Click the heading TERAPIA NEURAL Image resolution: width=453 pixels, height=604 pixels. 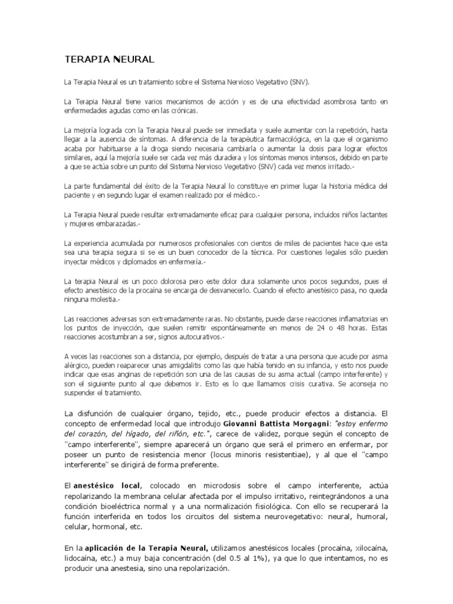(x=109, y=59)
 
